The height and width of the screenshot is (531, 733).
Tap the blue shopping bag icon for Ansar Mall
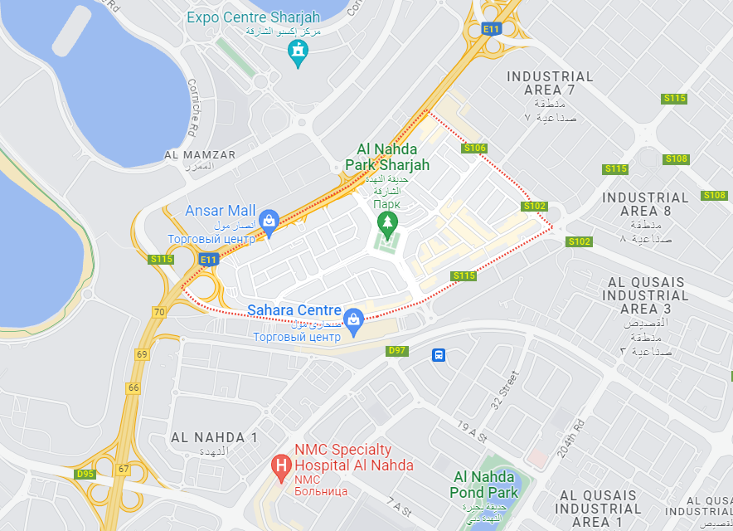tap(269, 221)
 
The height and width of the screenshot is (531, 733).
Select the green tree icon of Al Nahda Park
tap(386, 222)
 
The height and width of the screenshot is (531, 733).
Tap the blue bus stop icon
tap(439, 355)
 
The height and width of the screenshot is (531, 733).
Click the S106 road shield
tap(474, 148)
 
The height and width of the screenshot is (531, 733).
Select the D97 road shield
tap(398, 351)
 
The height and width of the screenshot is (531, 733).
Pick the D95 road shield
tap(85, 474)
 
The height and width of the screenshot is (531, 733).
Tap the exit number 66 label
tap(133, 387)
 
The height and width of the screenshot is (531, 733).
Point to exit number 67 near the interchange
tap(124, 469)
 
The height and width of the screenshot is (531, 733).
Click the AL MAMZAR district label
tap(200, 155)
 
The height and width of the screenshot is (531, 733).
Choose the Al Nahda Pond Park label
tap(485, 485)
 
